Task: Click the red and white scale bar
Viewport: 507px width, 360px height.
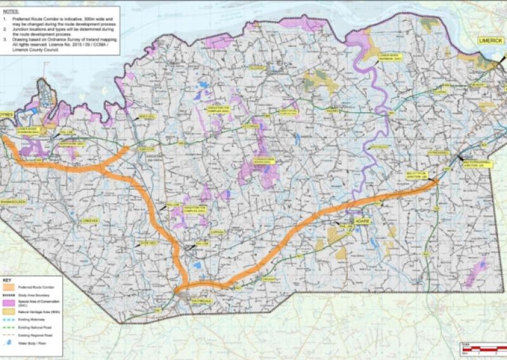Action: point(482,349)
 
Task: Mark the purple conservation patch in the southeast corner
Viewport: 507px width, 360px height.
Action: point(475,273)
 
